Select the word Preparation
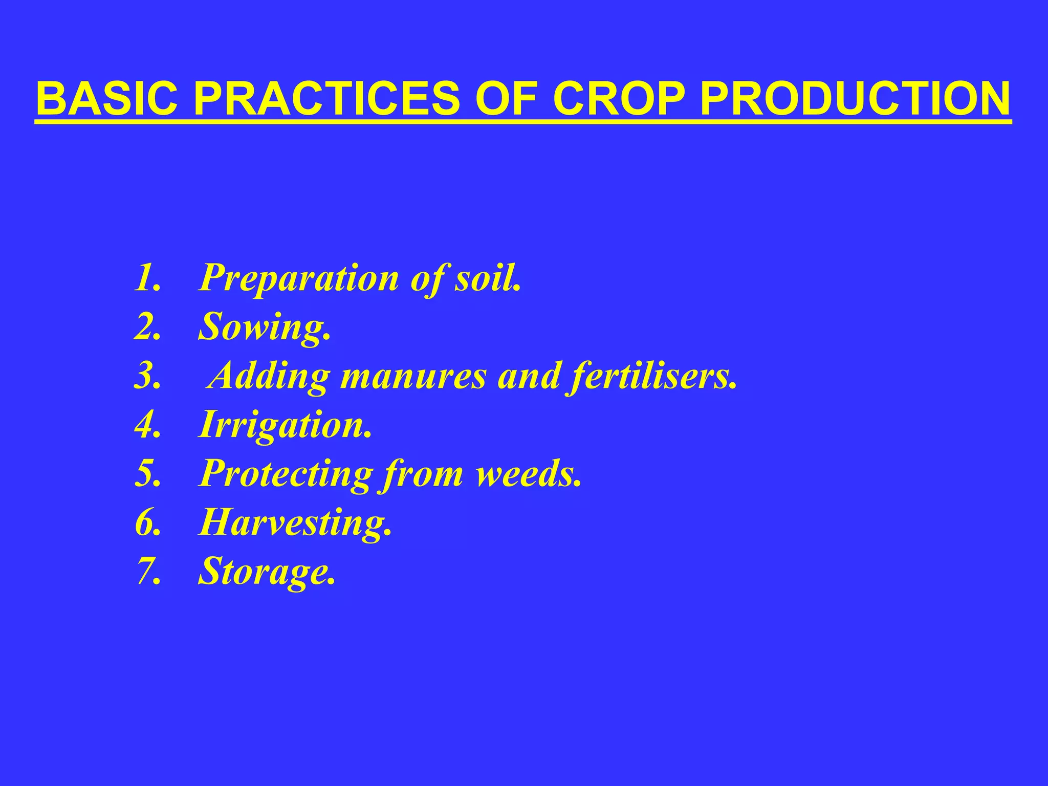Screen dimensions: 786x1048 (x=299, y=279)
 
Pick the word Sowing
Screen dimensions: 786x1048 (x=263, y=328)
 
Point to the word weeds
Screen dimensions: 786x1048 (x=527, y=473)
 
